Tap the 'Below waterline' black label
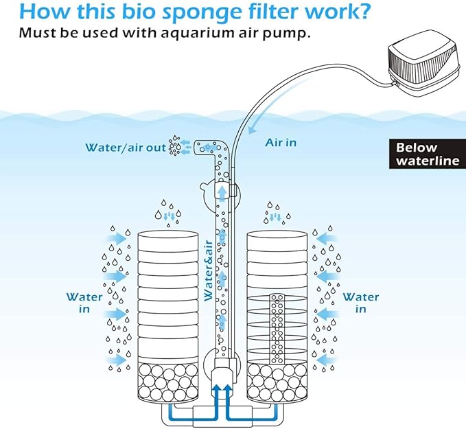(426, 154)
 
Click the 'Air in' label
(281, 143)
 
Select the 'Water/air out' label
(126, 147)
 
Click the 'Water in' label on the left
(84, 303)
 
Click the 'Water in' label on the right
(360, 303)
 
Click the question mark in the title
(364, 12)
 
